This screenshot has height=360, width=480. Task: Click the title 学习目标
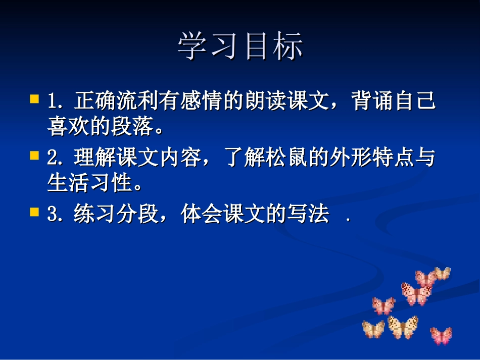click(241, 47)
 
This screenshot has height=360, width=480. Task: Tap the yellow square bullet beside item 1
click(34, 98)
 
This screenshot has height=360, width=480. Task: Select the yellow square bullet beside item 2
click(34, 155)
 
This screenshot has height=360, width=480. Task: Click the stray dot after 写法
click(348, 221)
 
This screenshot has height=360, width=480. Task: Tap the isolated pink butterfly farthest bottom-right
click(441, 335)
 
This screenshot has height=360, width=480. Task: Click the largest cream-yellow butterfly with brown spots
click(403, 327)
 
